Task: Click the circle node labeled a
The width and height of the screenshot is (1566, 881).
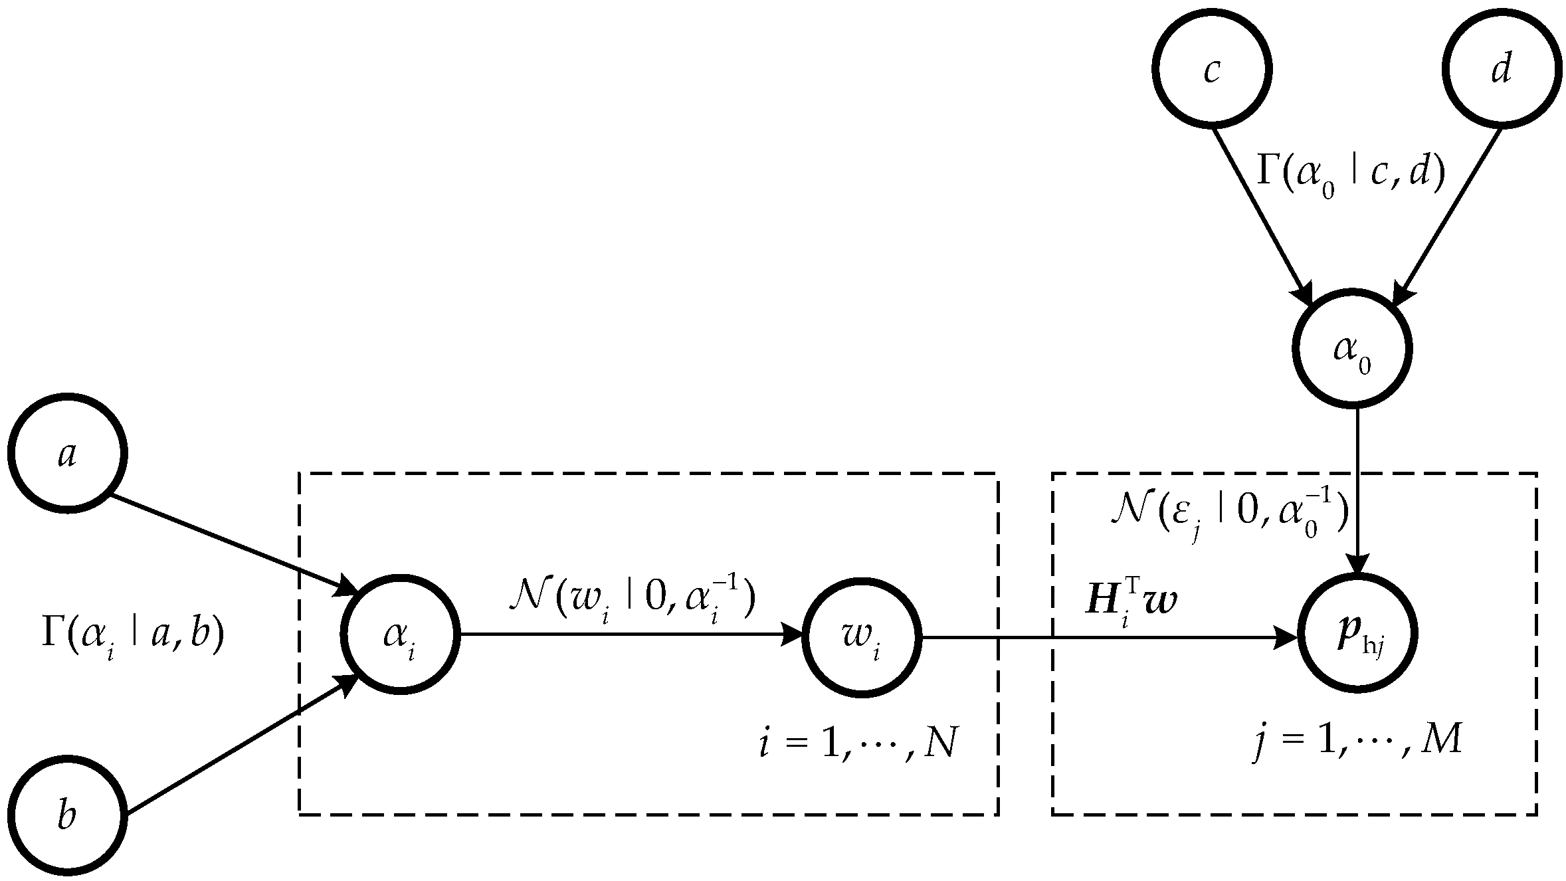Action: (67, 453)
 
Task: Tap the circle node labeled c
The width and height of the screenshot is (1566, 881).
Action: (1212, 69)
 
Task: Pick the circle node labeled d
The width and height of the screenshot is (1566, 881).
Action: (1500, 69)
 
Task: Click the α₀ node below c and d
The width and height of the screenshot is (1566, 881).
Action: (1351, 349)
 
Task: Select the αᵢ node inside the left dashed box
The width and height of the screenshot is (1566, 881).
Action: (400, 635)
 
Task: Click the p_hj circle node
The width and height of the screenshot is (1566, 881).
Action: (1359, 635)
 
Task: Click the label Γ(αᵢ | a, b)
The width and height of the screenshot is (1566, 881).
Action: (133, 635)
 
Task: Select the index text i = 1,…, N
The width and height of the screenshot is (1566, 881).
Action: (857, 744)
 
